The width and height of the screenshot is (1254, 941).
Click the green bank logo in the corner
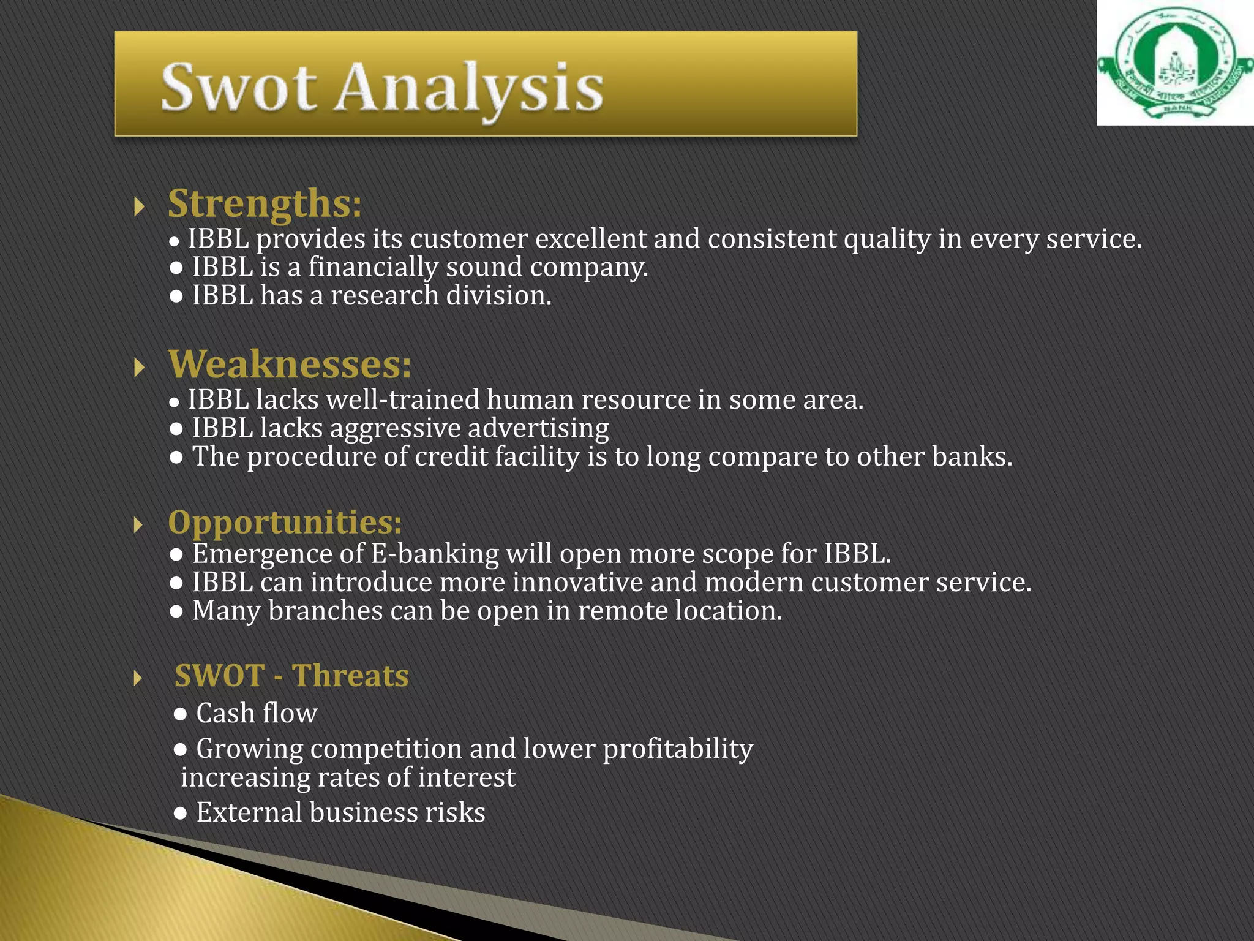coord(1174,63)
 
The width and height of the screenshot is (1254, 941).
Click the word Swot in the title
coord(239,88)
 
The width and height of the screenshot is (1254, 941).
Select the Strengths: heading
coord(265,203)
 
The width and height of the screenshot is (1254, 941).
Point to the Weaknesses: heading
coord(290,365)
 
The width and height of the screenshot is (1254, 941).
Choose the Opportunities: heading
coord(285,523)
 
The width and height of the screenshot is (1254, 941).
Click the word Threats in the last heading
coord(350,676)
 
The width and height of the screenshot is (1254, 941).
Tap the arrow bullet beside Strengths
coord(139,206)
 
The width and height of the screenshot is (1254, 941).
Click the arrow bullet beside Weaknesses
coord(139,368)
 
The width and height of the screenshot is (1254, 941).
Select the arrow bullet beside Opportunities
coord(138,525)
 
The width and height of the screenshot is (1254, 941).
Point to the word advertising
coord(538,429)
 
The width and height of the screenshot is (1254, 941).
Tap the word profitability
coord(678,749)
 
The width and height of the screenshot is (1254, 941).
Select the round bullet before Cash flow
coord(180,714)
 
